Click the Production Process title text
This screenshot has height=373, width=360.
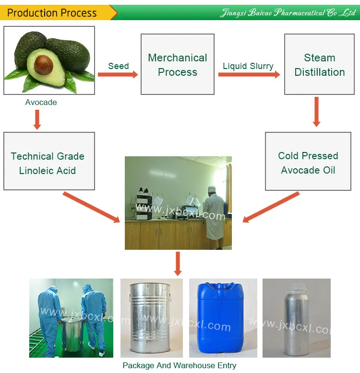pos(52,12)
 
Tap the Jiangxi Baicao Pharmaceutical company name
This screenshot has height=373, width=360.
pos(287,13)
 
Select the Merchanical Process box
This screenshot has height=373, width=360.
pos(178,65)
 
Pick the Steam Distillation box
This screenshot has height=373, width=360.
pos(320,65)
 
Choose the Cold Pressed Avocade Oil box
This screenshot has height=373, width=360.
pos(308,163)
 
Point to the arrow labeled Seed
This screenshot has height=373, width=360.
pos(118,74)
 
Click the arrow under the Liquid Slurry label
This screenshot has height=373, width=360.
pos(249,74)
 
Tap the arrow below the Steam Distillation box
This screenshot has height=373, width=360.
pos(316,112)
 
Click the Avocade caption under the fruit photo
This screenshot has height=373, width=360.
pos(41,102)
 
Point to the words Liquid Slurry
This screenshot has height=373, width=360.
pos(248,66)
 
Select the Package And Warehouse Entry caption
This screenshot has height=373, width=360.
pos(180,365)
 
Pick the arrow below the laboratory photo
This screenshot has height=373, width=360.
pos(178,263)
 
